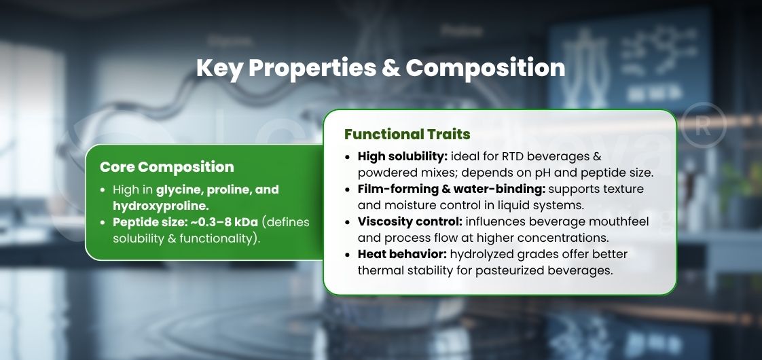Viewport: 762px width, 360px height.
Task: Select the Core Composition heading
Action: click(166, 167)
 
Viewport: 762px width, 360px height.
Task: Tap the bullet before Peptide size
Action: click(104, 223)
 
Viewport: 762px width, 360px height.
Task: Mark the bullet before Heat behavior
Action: click(348, 254)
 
